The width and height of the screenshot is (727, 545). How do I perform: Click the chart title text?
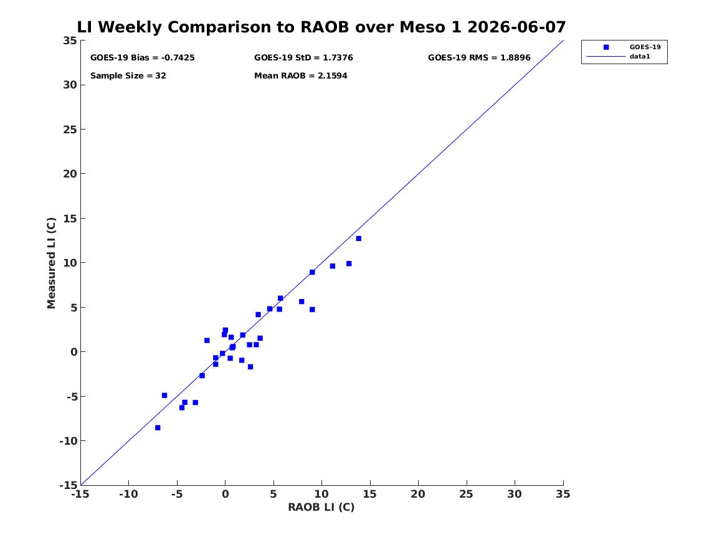click(x=321, y=27)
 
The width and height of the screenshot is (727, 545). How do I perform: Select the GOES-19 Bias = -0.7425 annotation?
click(x=142, y=58)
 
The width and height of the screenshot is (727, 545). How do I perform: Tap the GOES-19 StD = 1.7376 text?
click(x=303, y=58)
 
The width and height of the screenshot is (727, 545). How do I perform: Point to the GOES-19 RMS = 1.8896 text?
click(x=479, y=58)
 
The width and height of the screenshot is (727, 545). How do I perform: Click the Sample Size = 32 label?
click(x=128, y=76)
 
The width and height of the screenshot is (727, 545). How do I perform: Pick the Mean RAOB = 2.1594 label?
click(x=300, y=76)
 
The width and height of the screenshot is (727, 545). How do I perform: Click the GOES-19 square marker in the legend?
click(x=606, y=47)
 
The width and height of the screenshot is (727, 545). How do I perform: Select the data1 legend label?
click(x=640, y=57)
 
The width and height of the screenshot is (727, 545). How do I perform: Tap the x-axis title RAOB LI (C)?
click(x=321, y=507)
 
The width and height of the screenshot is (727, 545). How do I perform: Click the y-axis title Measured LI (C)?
click(x=51, y=263)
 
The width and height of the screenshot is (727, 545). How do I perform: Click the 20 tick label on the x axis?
click(x=418, y=494)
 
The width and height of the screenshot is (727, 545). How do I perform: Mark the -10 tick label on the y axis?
click(x=68, y=441)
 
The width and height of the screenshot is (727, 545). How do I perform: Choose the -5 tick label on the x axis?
click(x=177, y=494)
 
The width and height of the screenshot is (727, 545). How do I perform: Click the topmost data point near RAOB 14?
click(x=358, y=239)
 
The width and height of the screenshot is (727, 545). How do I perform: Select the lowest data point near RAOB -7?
click(x=158, y=428)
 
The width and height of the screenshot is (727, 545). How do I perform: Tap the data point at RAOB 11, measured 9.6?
click(x=333, y=266)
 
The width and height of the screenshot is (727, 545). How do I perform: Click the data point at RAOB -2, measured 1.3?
click(x=207, y=341)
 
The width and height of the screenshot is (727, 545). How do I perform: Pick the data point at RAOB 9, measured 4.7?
click(x=312, y=310)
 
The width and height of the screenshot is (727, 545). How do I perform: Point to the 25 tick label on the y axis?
click(x=70, y=130)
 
